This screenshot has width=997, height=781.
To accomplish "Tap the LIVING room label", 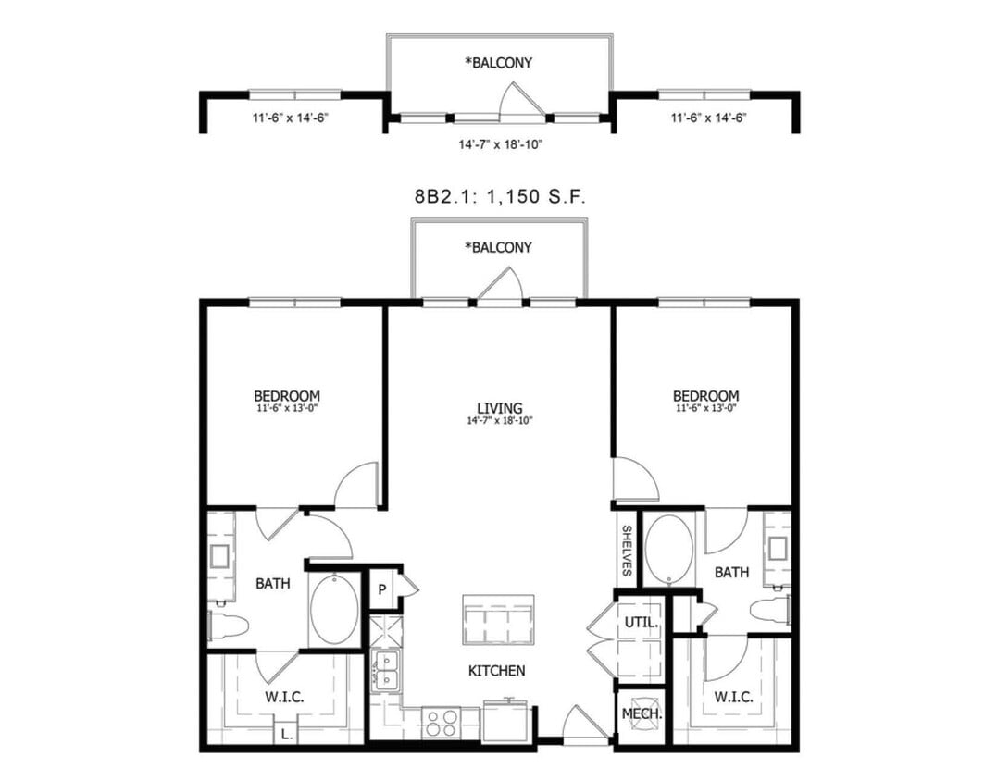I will click(499, 408).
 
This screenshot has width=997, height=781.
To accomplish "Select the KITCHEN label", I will click(499, 670).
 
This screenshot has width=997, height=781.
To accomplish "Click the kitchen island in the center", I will click(499, 620).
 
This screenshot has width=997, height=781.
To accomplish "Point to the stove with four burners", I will click(441, 722).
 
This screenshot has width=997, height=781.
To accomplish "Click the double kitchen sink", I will click(384, 670).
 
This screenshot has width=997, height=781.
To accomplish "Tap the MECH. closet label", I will click(641, 714).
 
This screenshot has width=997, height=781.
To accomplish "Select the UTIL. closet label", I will click(641, 623).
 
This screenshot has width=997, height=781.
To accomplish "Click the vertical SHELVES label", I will click(627, 550).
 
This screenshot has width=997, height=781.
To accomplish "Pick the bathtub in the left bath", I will click(334, 611).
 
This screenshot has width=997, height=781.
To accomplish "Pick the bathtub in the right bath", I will click(667, 550).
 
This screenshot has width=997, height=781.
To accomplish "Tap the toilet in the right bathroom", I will click(770, 610).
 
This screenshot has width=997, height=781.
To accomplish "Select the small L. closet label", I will click(287, 735).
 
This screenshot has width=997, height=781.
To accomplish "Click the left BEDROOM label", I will click(287, 396).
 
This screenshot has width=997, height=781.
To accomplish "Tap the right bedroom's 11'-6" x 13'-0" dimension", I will click(705, 408).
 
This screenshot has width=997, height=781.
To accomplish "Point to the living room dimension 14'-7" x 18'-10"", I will click(499, 421).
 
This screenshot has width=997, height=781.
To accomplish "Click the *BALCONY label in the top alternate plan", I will click(499, 64).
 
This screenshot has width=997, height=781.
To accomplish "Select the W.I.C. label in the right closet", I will click(731, 697).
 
